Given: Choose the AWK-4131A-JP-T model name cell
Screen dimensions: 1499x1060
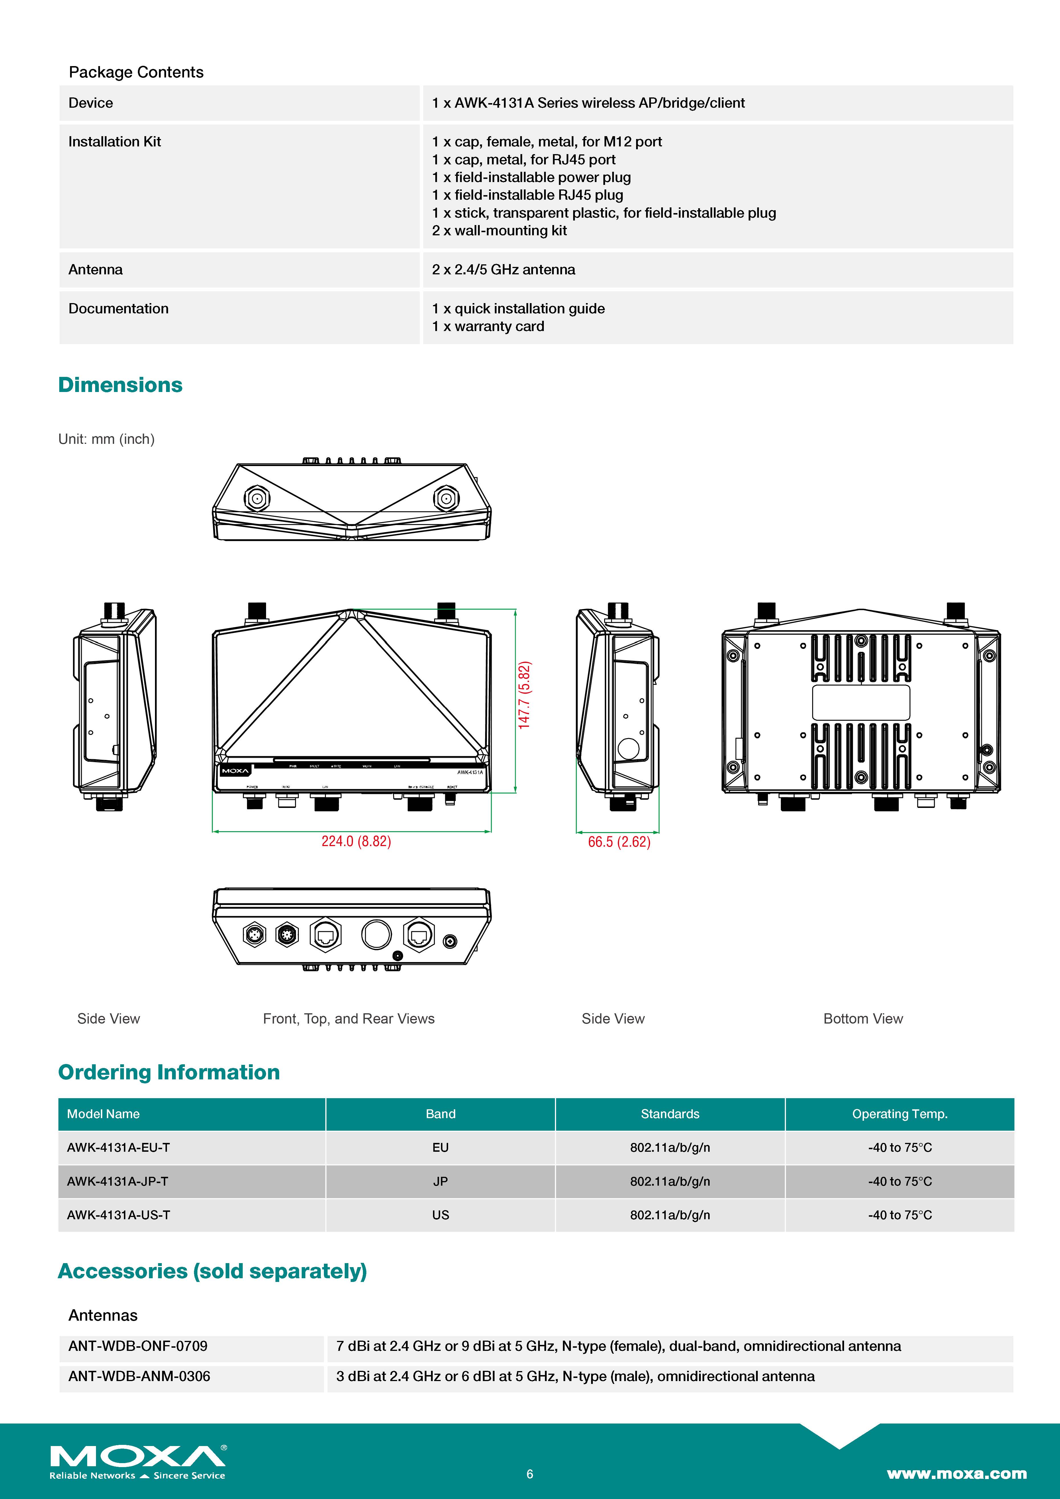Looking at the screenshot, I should (117, 1181).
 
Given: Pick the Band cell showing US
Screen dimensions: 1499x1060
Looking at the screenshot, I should (441, 1215).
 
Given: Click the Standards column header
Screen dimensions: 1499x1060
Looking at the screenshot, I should (670, 1114).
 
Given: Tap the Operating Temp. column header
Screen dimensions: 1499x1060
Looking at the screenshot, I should (899, 1114).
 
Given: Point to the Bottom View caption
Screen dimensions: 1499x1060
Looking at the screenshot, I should (863, 1018).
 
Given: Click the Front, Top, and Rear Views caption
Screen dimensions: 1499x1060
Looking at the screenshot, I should (349, 1018).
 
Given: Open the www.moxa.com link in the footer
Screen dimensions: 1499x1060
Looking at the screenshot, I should (956, 1474).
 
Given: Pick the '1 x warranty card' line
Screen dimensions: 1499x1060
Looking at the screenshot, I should (488, 326).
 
